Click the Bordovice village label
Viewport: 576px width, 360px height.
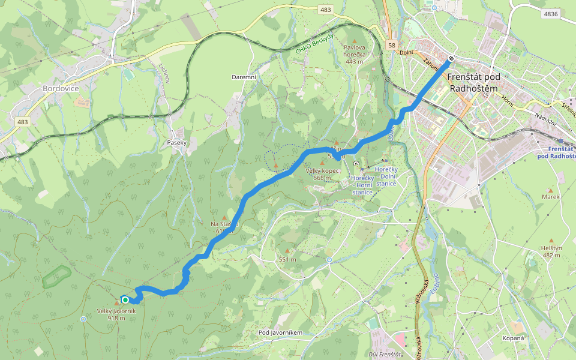(x=61, y=88)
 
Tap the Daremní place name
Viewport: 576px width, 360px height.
(x=244, y=77)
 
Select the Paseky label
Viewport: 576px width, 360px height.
(x=177, y=143)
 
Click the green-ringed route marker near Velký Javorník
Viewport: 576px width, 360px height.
(x=125, y=299)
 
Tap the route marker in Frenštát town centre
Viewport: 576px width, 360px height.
(x=451, y=59)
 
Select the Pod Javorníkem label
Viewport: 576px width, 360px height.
(x=280, y=332)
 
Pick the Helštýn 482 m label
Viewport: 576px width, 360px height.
(x=551, y=251)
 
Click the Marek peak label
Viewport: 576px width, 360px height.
(x=550, y=196)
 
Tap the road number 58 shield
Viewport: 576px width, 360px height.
(x=391, y=45)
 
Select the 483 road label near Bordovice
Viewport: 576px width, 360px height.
(x=23, y=122)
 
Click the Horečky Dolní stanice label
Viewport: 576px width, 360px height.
(x=386, y=176)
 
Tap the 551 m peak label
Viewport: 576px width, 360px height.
(x=287, y=259)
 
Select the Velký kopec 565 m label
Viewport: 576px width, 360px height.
(x=322, y=174)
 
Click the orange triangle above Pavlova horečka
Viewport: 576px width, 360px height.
(x=354, y=40)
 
